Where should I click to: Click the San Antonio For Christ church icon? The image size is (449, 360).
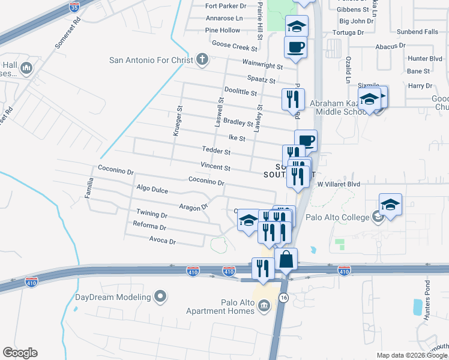pyautogui.click(x=202, y=59)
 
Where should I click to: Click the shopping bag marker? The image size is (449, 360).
pyautogui.click(x=286, y=260)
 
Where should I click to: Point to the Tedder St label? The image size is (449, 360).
pyautogui.click(x=217, y=152)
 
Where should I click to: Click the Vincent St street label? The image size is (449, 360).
pyautogui.click(x=215, y=167)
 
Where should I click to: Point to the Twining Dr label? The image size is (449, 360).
pyautogui.click(x=151, y=214)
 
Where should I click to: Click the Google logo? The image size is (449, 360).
pyautogui.click(x=20, y=353)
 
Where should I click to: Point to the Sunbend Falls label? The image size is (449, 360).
pyautogui.click(x=417, y=31)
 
